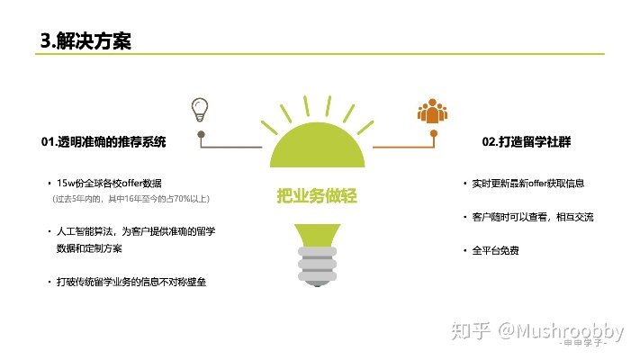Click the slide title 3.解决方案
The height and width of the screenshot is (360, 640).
point(86,40)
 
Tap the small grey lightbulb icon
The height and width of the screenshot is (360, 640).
point(200,110)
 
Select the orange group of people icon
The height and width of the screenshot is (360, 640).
point(432,111)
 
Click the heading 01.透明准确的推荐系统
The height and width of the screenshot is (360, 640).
point(104,142)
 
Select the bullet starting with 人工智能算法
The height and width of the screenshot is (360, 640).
point(135,231)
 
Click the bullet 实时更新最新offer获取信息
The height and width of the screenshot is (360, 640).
point(527,183)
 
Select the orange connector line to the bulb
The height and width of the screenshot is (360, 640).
point(405,148)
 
